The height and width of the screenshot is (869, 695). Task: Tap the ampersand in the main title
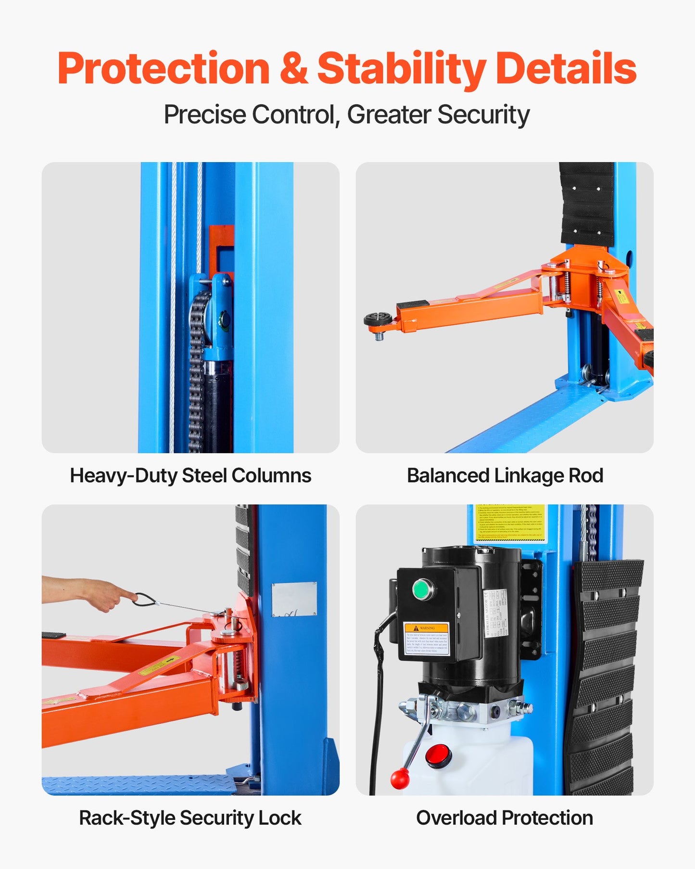click(x=293, y=69)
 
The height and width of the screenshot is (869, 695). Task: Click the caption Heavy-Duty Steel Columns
click(x=190, y=475)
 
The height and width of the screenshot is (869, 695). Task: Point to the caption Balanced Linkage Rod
click(x=505, y=475)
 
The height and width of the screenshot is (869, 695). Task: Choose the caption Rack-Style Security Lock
click(x=190, y=818)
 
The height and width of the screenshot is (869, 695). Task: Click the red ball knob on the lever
click(x=400, y=779)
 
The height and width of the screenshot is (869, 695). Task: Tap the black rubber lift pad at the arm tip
click(x=378, y=319)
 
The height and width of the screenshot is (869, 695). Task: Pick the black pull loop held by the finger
click(x=144, y=600)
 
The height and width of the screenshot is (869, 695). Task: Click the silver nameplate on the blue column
click(x=294, y=599)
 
